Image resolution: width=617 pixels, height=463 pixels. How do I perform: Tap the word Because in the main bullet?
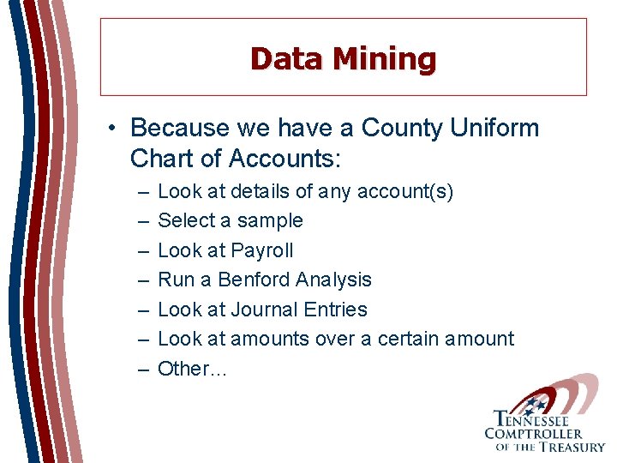click(180, 129)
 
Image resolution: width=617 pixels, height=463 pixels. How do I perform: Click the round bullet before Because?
click(113, 129)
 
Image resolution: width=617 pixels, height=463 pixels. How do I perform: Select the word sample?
click(271, 220)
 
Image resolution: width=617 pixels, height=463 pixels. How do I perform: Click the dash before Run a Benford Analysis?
click(141, 280)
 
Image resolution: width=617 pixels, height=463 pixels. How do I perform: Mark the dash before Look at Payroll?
click(141, 250)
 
